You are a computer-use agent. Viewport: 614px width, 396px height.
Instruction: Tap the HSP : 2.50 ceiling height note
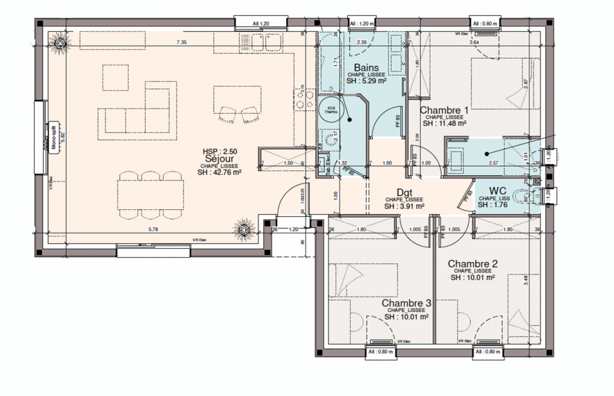[219, 151]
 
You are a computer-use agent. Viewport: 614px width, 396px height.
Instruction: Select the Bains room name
[356, 67]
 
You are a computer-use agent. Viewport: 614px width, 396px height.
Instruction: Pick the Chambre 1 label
[445, 110]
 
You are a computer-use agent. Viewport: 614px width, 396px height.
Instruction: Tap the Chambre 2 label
[472, 263]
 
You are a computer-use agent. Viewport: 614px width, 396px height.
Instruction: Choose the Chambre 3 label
[406, 303]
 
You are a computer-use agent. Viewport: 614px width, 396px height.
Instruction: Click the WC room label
[497, 190]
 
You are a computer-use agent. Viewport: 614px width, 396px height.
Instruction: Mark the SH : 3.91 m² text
[404, 206]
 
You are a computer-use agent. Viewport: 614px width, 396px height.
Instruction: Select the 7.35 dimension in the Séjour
[182, 43]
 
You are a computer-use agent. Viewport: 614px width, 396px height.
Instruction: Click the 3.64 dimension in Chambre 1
[474, 43]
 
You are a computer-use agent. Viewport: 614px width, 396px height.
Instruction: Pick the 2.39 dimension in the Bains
[361, 43]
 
